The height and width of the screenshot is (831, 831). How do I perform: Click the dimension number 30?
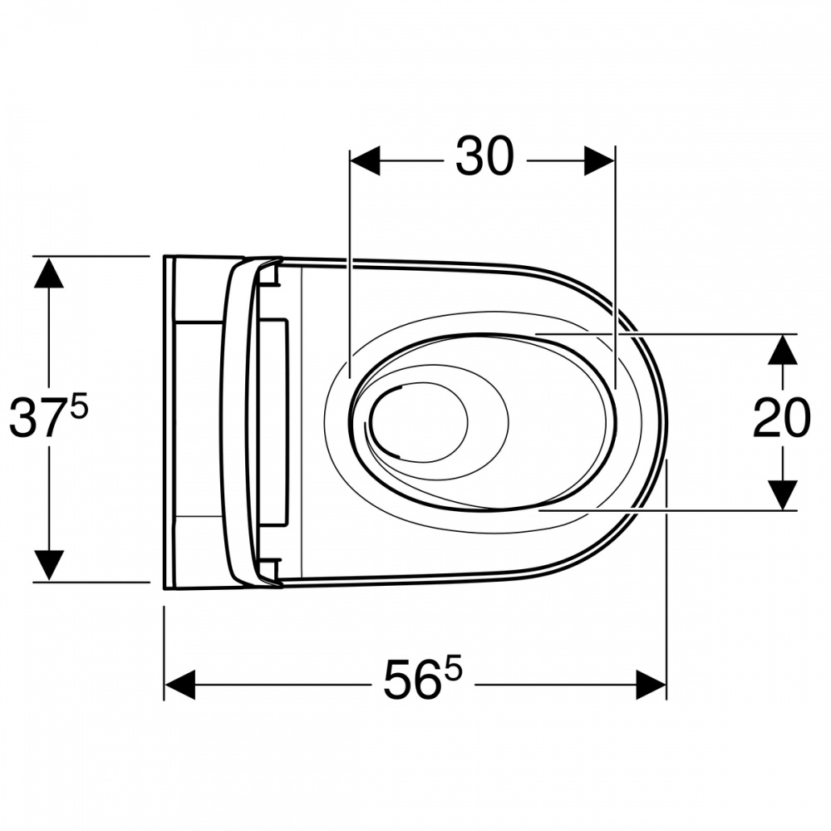(x=484, y=156)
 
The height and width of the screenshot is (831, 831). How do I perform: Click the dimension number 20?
(x=782, y=419)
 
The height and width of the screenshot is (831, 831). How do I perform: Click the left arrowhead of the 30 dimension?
(x=365, y=160)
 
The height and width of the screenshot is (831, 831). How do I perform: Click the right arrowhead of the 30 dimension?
(x=599, y=160)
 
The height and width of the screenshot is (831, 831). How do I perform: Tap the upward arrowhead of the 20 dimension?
(x=783, y=350)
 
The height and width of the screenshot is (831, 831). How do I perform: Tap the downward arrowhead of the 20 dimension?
(x=783, y=495)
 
